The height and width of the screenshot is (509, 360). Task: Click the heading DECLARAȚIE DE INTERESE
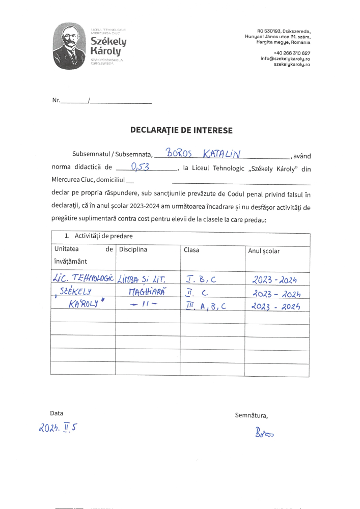click(x=181, y=130)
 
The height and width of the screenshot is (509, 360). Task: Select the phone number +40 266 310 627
click(x=292, y=53)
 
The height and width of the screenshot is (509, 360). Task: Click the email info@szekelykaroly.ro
click(x=286, y=59)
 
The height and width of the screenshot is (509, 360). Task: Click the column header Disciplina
click(x=133, y=250)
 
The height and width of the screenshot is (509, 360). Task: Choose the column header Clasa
click(x=192, y=250)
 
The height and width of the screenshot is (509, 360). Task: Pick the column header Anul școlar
click(x=264, y=251)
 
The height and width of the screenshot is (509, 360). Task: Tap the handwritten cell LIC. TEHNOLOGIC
click(x=83, y=278)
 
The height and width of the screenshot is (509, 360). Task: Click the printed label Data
click(x=57, y=413)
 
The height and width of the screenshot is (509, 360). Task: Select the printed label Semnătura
click(x=252, y=415)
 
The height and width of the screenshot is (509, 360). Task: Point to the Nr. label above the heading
click(x=57, y=100)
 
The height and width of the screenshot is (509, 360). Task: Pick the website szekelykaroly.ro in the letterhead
click(x=292, y=65)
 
